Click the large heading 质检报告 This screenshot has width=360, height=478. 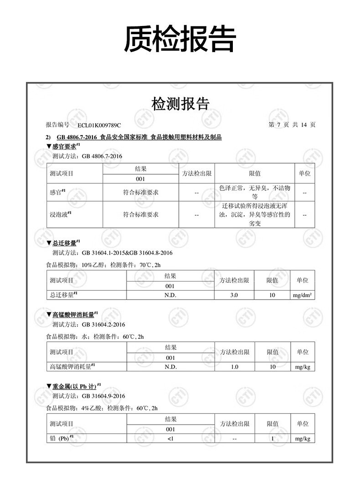point(180,39)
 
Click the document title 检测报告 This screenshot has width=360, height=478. point(180,104)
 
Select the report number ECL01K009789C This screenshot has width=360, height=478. point(99,125)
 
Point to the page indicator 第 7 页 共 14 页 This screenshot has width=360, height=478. point(292,125)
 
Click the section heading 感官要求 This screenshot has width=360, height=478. point(64,146)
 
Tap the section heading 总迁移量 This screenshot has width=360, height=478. point(64,243)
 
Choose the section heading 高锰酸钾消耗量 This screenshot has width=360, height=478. point(73,314)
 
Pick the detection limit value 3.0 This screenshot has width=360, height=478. point(234,295)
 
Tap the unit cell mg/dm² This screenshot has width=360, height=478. point(302,295)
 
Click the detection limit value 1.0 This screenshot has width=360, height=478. point(235,367)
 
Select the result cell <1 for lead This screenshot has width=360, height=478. point(170,439)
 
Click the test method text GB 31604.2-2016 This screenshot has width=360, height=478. point(103,325)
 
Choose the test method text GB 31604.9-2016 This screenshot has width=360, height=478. point(103,396)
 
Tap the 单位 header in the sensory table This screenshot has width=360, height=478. point(304,173)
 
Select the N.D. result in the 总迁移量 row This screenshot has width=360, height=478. point(170,295)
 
